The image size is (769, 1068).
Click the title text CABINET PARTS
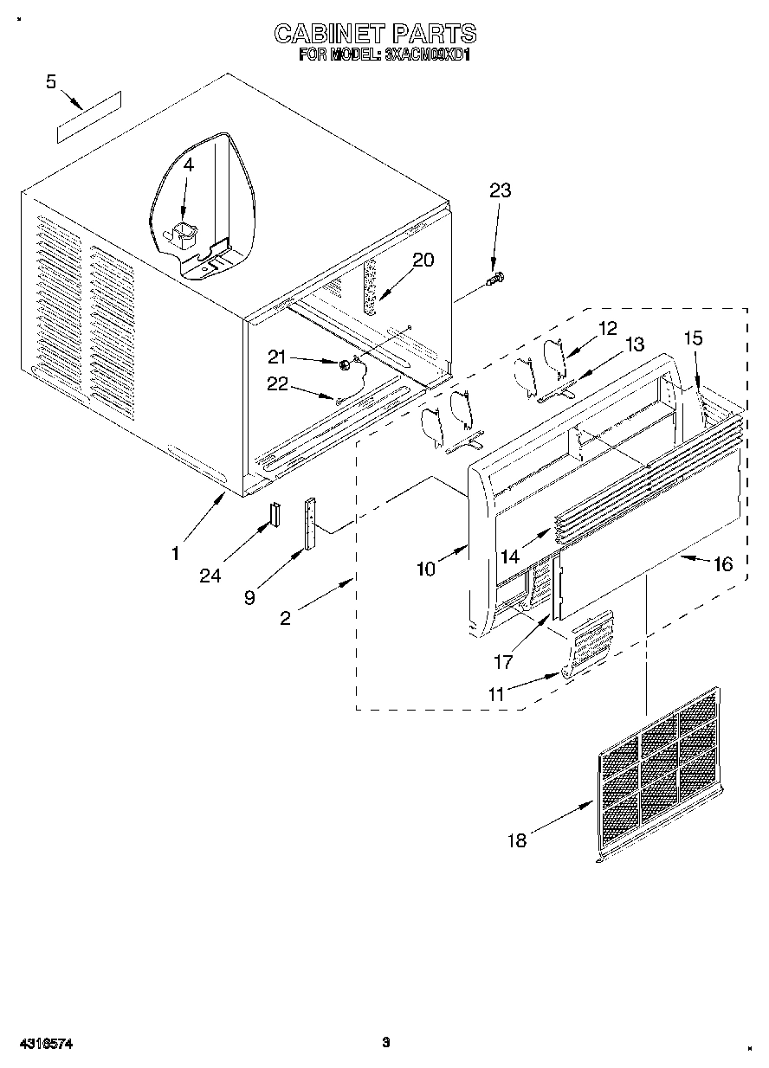click(375, 34)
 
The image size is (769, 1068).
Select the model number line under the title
click(384, 54)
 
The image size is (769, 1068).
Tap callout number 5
click(51, 82)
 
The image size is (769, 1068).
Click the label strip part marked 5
click(88, 115)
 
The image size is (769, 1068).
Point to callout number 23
click(500, 191)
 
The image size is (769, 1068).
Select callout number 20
click(423, 260)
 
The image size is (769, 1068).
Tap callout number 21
click(277, 357)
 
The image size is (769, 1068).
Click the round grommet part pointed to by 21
click(345, 365)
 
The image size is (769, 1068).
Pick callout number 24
click(210, 576)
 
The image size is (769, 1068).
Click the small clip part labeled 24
click(275, 514)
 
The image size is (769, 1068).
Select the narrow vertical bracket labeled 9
click(309, 524)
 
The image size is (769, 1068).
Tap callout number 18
click(517, 840)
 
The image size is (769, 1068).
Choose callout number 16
click(721, 564)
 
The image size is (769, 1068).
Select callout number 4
click(188, 164)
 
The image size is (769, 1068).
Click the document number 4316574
click(42, 1044)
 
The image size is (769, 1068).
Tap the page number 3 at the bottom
click(386, 1042)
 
